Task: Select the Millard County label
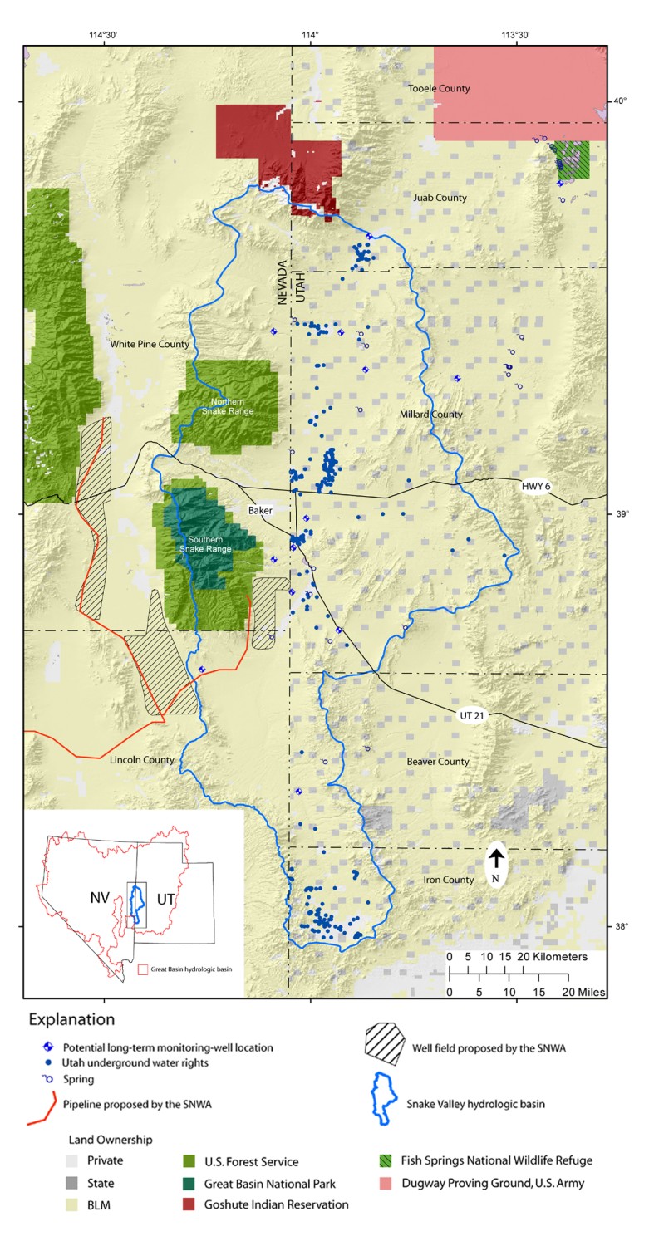tap(432, 414)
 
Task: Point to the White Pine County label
tap(150, 343)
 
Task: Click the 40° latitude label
tap(620, 101)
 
